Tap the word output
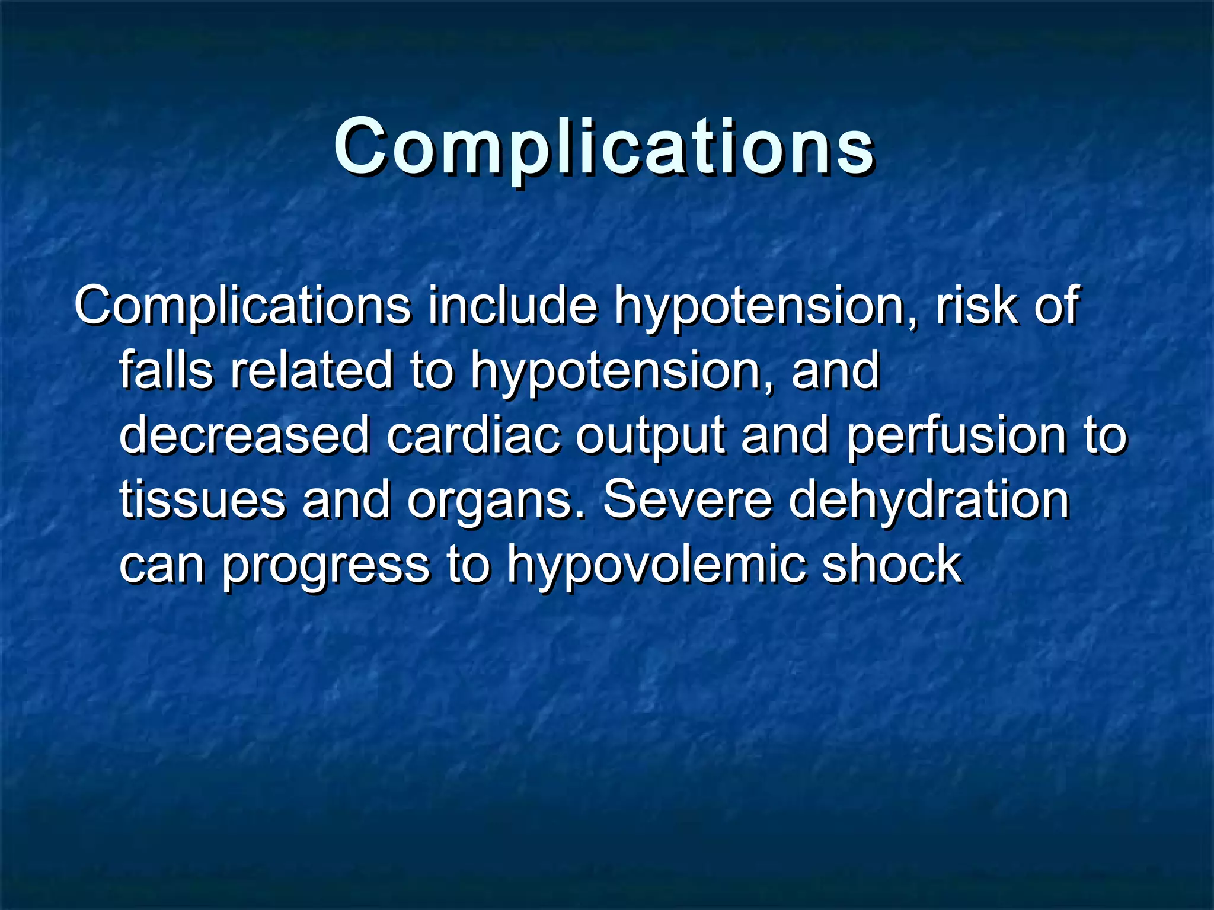[650, 437]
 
